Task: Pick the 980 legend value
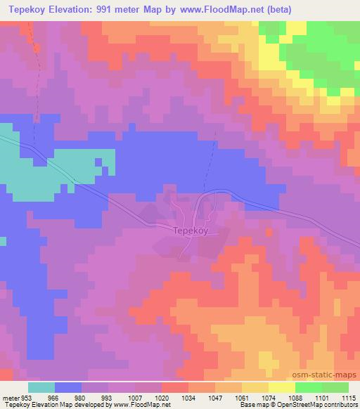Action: click(82, 396)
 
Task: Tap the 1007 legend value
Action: click(135, 396)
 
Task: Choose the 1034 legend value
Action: click(188, 396)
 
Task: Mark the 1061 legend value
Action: click(242, 396)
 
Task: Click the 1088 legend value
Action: click(295, 396)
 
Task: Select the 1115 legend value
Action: click(348, 396)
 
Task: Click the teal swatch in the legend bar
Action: click(41, 387)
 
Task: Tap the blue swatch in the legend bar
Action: click(68, 387)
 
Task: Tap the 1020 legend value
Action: click(162, 396)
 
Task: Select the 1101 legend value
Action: click(322, 396)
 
